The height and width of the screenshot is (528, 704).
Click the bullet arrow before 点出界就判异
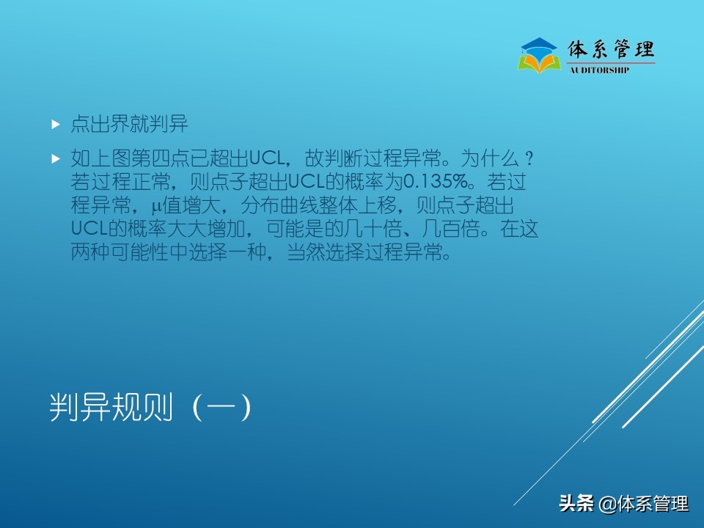click(x=55, y=125)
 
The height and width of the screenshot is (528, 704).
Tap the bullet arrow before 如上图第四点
click(x=55, y=158)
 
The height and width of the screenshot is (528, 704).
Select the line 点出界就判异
click(x=129, y=125)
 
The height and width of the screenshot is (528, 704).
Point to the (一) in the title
click(x=221, y=408)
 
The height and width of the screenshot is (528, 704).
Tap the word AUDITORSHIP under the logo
click(x=599, y=70)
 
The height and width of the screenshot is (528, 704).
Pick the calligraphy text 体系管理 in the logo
click(x=612, y=49)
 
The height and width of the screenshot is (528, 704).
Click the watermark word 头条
click(x=576, y=504)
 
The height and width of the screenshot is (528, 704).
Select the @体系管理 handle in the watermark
click(x=644, y=504)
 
